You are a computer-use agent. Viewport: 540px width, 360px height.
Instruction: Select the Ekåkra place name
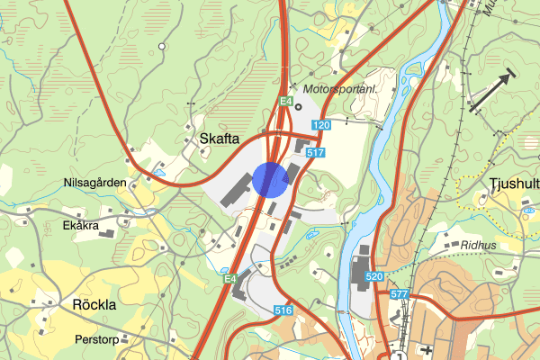81,227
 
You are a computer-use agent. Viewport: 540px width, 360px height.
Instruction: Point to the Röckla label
94,304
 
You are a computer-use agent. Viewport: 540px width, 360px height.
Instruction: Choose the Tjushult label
514,184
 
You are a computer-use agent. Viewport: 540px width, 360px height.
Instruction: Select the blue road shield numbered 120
322,122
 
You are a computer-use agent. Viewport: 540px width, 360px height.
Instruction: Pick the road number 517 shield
315,153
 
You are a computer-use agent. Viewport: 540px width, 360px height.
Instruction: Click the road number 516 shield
283,310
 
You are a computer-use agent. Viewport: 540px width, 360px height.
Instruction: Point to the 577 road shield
400,293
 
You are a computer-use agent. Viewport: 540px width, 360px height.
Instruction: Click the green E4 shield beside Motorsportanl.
286,102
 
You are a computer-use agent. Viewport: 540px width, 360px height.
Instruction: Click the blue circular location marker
270,179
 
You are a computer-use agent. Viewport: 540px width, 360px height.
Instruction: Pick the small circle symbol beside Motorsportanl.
299,105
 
